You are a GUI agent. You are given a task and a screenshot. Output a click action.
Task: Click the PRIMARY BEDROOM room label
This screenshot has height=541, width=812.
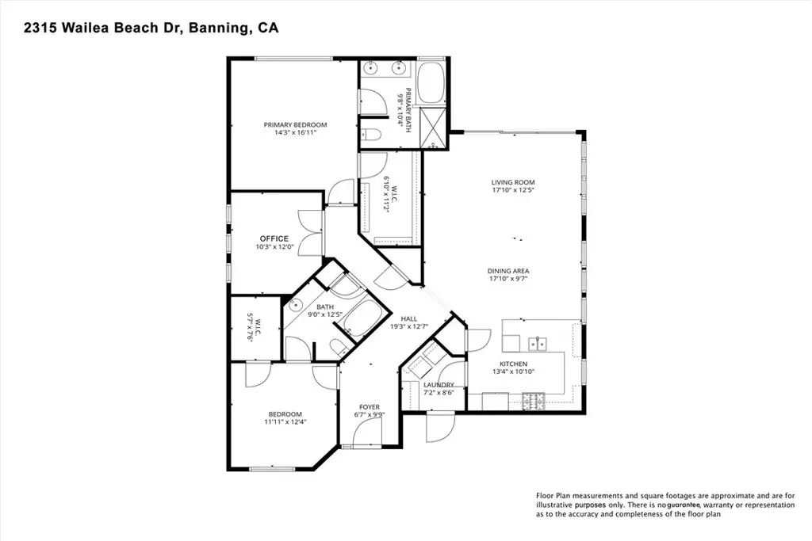[295, 124]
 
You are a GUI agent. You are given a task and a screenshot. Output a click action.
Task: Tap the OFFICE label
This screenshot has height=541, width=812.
[274, 238]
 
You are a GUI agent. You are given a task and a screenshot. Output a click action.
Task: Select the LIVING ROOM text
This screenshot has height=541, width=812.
[513, 182]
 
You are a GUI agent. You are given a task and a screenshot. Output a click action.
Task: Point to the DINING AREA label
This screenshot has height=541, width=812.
[508, 271]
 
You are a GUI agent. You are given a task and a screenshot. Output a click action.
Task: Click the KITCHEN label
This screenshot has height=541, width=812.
[513, 364]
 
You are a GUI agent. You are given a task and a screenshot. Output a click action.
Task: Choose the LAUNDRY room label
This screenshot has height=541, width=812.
[439, 385]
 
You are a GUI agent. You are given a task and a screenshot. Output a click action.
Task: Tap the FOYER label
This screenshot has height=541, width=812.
[370, 407]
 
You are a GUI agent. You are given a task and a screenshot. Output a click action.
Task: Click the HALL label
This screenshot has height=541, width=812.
[408, 318]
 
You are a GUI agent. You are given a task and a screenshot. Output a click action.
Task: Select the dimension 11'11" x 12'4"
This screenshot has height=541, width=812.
[285, 421]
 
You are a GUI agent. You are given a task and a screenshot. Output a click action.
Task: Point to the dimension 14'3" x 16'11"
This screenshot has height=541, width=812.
[295, 132]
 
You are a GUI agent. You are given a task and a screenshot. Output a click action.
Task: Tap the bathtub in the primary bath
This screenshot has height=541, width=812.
[431, 82]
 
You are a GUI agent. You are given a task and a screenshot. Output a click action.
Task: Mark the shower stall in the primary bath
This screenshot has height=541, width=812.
[431, 128]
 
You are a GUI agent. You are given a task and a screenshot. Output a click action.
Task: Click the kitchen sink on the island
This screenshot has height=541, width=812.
[538, 344]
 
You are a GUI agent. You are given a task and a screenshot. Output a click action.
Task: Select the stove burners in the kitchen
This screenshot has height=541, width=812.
[534, 400]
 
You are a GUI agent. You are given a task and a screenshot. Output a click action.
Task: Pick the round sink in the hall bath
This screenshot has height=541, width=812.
[296, 305]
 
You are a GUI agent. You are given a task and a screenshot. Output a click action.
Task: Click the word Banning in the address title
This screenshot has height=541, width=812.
[217, 28]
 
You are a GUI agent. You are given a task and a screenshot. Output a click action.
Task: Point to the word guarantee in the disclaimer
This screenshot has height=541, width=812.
[684, 505]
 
